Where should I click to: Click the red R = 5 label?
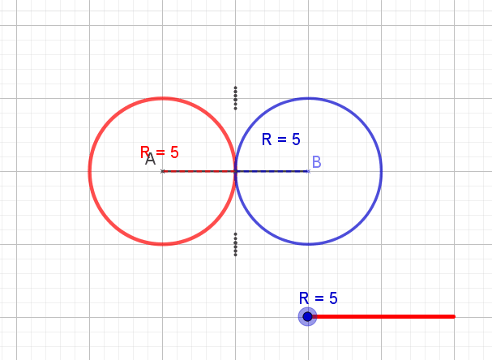point(160,152)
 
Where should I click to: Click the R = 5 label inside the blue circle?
point(281,139)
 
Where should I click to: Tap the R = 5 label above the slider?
point(318,298)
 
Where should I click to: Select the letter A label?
point(150,160)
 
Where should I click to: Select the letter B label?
point(316,162)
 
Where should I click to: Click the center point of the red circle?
point(162,171)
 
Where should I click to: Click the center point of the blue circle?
point(308,171)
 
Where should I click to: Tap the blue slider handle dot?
point(307,316)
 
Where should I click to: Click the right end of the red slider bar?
point(454,316)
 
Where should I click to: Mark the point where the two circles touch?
point(235,171)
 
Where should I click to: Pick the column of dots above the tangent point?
point(235,97)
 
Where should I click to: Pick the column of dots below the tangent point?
point(235,244)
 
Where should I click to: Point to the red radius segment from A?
point(199,171)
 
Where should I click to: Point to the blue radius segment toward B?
point(272,171)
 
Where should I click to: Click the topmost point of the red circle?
point(162,98)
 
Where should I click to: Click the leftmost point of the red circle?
point(89,171)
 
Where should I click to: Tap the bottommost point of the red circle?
point(162,244)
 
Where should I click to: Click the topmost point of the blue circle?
point(308,98)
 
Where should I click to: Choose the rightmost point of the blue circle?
point(381,171)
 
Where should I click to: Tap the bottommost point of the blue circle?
point(308,244)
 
